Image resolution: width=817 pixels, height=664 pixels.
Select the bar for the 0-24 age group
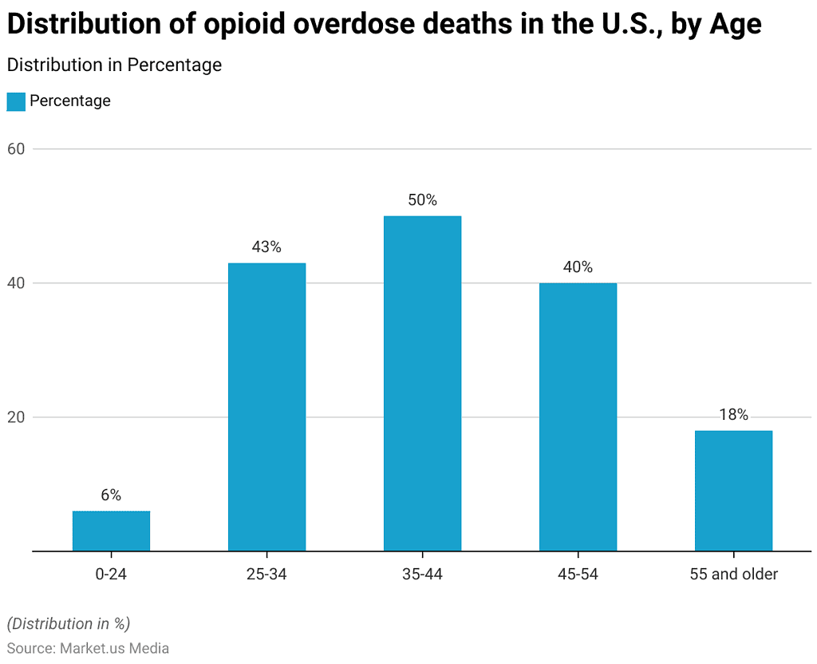click(111, 531)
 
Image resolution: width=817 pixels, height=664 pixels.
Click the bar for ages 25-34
click(266, 407)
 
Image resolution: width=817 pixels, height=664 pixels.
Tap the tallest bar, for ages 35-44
click(422, 383)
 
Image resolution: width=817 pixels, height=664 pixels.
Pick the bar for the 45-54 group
click(578, 417)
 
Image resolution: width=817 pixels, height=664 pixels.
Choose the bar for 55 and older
click(733, 491)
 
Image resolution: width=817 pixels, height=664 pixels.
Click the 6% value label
click(111, 496)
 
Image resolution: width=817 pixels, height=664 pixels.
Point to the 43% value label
click(266, 247)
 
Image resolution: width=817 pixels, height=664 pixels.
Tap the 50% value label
click(422, 200)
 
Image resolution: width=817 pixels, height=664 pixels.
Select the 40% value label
click(578, 267)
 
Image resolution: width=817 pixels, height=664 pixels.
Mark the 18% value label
click(733, 415)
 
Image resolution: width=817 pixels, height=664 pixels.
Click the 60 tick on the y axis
click(17, 149)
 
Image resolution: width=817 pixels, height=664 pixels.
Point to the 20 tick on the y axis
click(17, 417)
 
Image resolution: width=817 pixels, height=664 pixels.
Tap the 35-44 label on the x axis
click(422, 574)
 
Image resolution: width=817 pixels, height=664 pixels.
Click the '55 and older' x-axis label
click(733, 574)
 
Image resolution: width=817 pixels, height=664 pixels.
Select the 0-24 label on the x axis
click(111, 574)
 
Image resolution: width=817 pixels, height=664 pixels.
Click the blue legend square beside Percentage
click(16, 101)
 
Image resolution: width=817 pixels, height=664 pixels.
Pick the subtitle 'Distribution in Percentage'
click(114, 65)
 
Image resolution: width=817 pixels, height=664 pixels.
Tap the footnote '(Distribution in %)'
click(69, 623)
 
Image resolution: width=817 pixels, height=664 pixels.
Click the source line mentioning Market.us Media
click(88, 648)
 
